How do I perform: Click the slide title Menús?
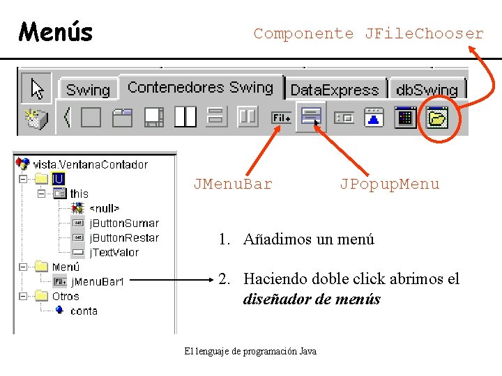56,31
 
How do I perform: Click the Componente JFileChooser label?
368,33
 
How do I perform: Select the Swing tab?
88,90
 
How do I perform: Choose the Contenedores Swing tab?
200,88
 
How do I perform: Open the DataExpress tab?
334,90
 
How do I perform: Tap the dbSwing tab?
427,90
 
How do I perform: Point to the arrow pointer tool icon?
36,88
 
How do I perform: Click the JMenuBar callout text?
233,184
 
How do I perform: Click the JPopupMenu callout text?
390,184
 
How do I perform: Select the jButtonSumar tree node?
123,223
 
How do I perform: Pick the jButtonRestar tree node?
123,237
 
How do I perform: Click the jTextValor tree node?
114,252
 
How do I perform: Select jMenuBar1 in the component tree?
97,281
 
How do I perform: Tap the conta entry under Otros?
84,311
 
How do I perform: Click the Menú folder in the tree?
66,267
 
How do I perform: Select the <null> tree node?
104,208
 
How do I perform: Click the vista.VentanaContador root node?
90,164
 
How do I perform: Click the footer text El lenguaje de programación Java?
250,351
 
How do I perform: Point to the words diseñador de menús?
312,299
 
